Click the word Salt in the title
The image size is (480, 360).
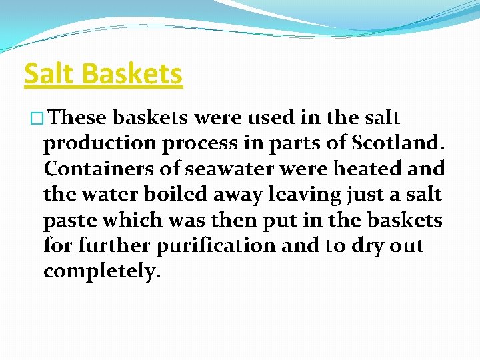click(x=49, y=73)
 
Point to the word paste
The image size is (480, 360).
click(x=71, y=221)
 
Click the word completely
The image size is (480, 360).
click(x=102, y=272)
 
